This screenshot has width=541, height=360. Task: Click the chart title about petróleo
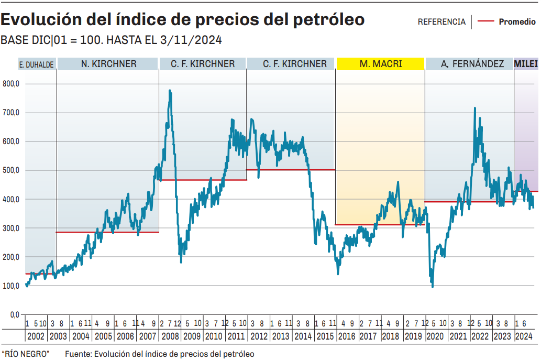183,19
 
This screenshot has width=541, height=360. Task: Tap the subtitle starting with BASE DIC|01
112,40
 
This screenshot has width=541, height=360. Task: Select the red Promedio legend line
487,22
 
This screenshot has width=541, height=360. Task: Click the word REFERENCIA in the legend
441,22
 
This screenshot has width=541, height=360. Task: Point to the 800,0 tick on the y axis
11,84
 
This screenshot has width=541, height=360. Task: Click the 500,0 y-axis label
11,170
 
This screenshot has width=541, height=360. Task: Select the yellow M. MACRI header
380,64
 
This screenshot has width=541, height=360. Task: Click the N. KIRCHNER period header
108,64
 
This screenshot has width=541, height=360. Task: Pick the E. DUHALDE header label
37,64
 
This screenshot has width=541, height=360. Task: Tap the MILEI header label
526,64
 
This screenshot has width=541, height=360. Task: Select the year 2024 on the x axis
524,336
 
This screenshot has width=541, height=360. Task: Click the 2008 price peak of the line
170,91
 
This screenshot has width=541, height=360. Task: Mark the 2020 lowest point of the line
433,286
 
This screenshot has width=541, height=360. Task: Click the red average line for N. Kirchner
107,232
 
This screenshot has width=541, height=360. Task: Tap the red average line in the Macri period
380,225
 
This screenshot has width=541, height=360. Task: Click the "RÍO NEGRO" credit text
26,354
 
